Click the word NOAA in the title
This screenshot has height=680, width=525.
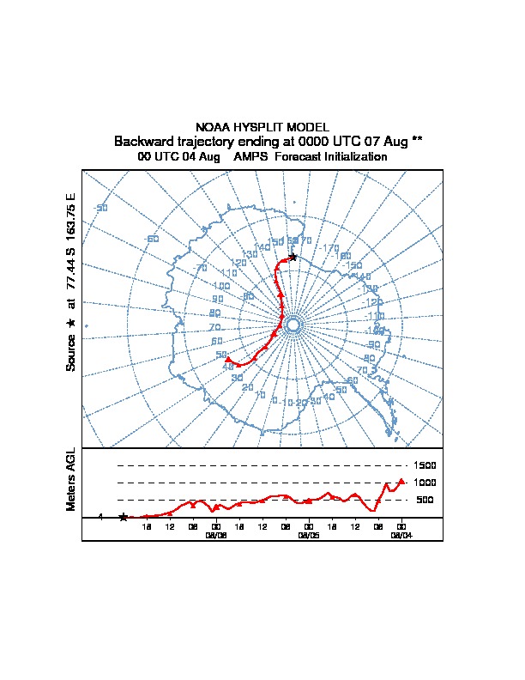pyautogui.click(x=213, y=127)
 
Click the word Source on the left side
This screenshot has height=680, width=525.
pyautogui.click(x=71, y=353)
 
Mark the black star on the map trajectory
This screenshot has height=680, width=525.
pyautogui.click(x=293, y=257)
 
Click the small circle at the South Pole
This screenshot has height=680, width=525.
pyautogui.click(x=293, y=325)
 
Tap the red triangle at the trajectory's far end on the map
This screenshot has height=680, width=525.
pyautogui.click(x=228, y=360)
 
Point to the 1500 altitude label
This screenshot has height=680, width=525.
pyautogui.click(x=425, y=465)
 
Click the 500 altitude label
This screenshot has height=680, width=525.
pyautogui.click(x=424, y=500)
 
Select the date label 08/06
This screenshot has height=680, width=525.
pyautogui.click(x=216, y=534)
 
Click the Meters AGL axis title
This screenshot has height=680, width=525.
pyautogui.click(x=71, y=479)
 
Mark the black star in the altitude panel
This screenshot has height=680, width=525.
pyautogui.click(x=124, y=517)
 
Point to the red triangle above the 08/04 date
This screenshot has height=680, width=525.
pyautogui.click(x=401, y=482)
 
